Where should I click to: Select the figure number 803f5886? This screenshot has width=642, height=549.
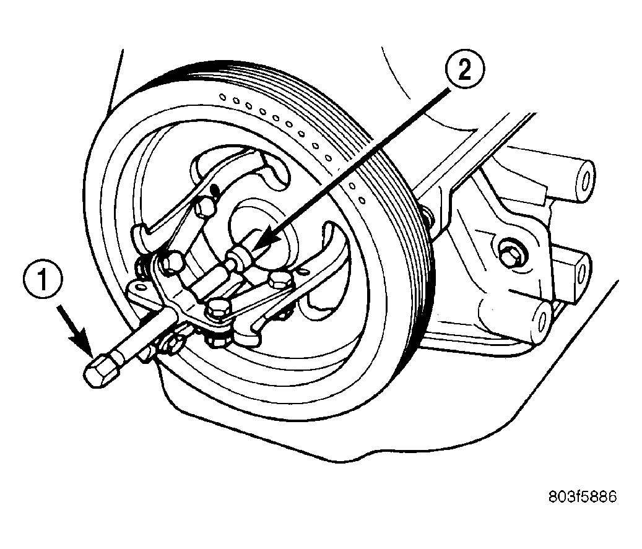click(x=582, y=496)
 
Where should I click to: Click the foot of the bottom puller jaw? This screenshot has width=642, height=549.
click(x=246, y=335)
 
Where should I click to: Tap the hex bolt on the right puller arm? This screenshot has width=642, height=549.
click(x=280, y=281)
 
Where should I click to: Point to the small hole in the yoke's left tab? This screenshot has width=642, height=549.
click(x=141, y=286)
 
